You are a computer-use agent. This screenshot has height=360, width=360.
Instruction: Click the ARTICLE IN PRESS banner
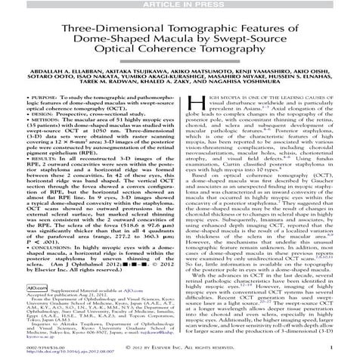point(179,5)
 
